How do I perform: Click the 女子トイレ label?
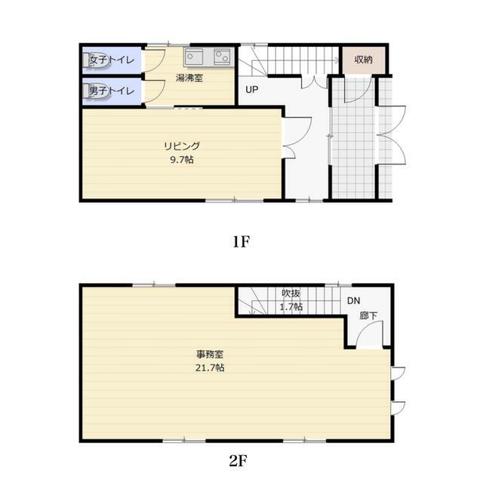click(x=112, y=60)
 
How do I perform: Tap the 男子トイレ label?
click(x=112, y=91)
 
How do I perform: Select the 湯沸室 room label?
click(x=189, y=78)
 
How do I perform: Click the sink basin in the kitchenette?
click(x=194, y=57)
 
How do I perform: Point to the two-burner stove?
click(x=222, y=57)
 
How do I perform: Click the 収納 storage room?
click(x=364, y=60)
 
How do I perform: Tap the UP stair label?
click(x=251, y=90)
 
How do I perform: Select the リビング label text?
click(x=182, y=146)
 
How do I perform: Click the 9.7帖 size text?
click(x=182, y=159)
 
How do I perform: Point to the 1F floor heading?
click(x=241, y=241)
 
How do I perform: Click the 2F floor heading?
click(x=238, y=461)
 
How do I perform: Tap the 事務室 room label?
click(x=210, y=354)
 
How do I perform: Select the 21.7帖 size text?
click(x=210, y=368)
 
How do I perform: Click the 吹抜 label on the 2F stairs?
click(x=291, y=294)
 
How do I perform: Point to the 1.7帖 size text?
click(x=291, y=307)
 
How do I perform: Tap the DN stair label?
click(x=353, y=300)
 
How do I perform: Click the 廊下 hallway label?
click(x=368, y=315)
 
